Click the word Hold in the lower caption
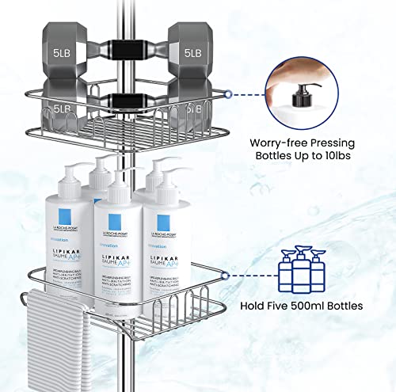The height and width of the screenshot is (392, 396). tap(256, 306)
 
